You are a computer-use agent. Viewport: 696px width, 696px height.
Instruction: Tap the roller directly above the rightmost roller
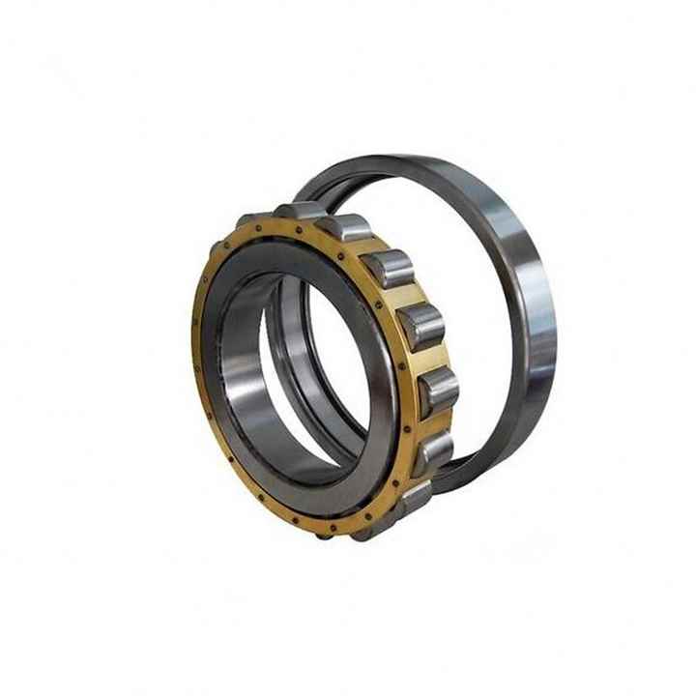(x=421, y=327)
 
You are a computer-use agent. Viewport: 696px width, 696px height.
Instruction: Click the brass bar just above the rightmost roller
(x=433, y=360)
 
